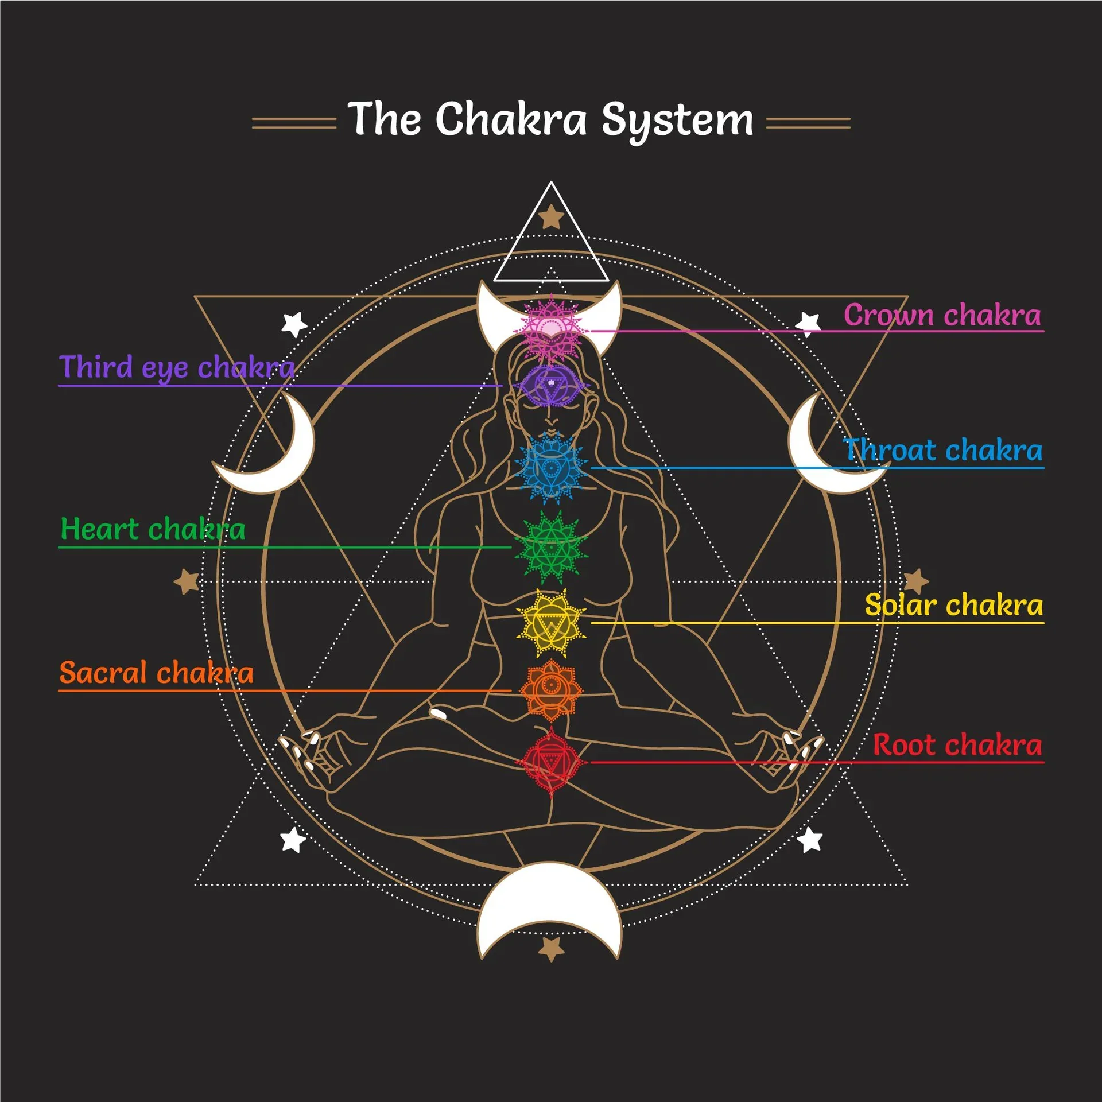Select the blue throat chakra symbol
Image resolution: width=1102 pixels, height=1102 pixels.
550,468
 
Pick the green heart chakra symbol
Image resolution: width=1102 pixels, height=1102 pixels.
550,547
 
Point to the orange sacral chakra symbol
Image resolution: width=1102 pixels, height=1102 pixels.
550,689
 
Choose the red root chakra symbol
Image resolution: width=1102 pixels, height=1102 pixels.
550,762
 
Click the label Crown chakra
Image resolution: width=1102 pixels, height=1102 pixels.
942,315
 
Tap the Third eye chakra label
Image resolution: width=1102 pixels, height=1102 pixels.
177,368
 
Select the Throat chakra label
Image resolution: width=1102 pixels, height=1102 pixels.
942,451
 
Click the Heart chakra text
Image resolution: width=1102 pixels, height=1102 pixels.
153,529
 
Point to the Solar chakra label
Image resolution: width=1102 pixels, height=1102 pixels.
953,606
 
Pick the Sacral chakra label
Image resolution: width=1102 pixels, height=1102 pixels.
156,673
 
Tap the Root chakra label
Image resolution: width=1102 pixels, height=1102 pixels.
957,746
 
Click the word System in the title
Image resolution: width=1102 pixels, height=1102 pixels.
677,121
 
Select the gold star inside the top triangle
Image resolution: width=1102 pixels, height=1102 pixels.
551,217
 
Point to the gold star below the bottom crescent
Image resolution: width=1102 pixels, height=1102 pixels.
551,949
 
